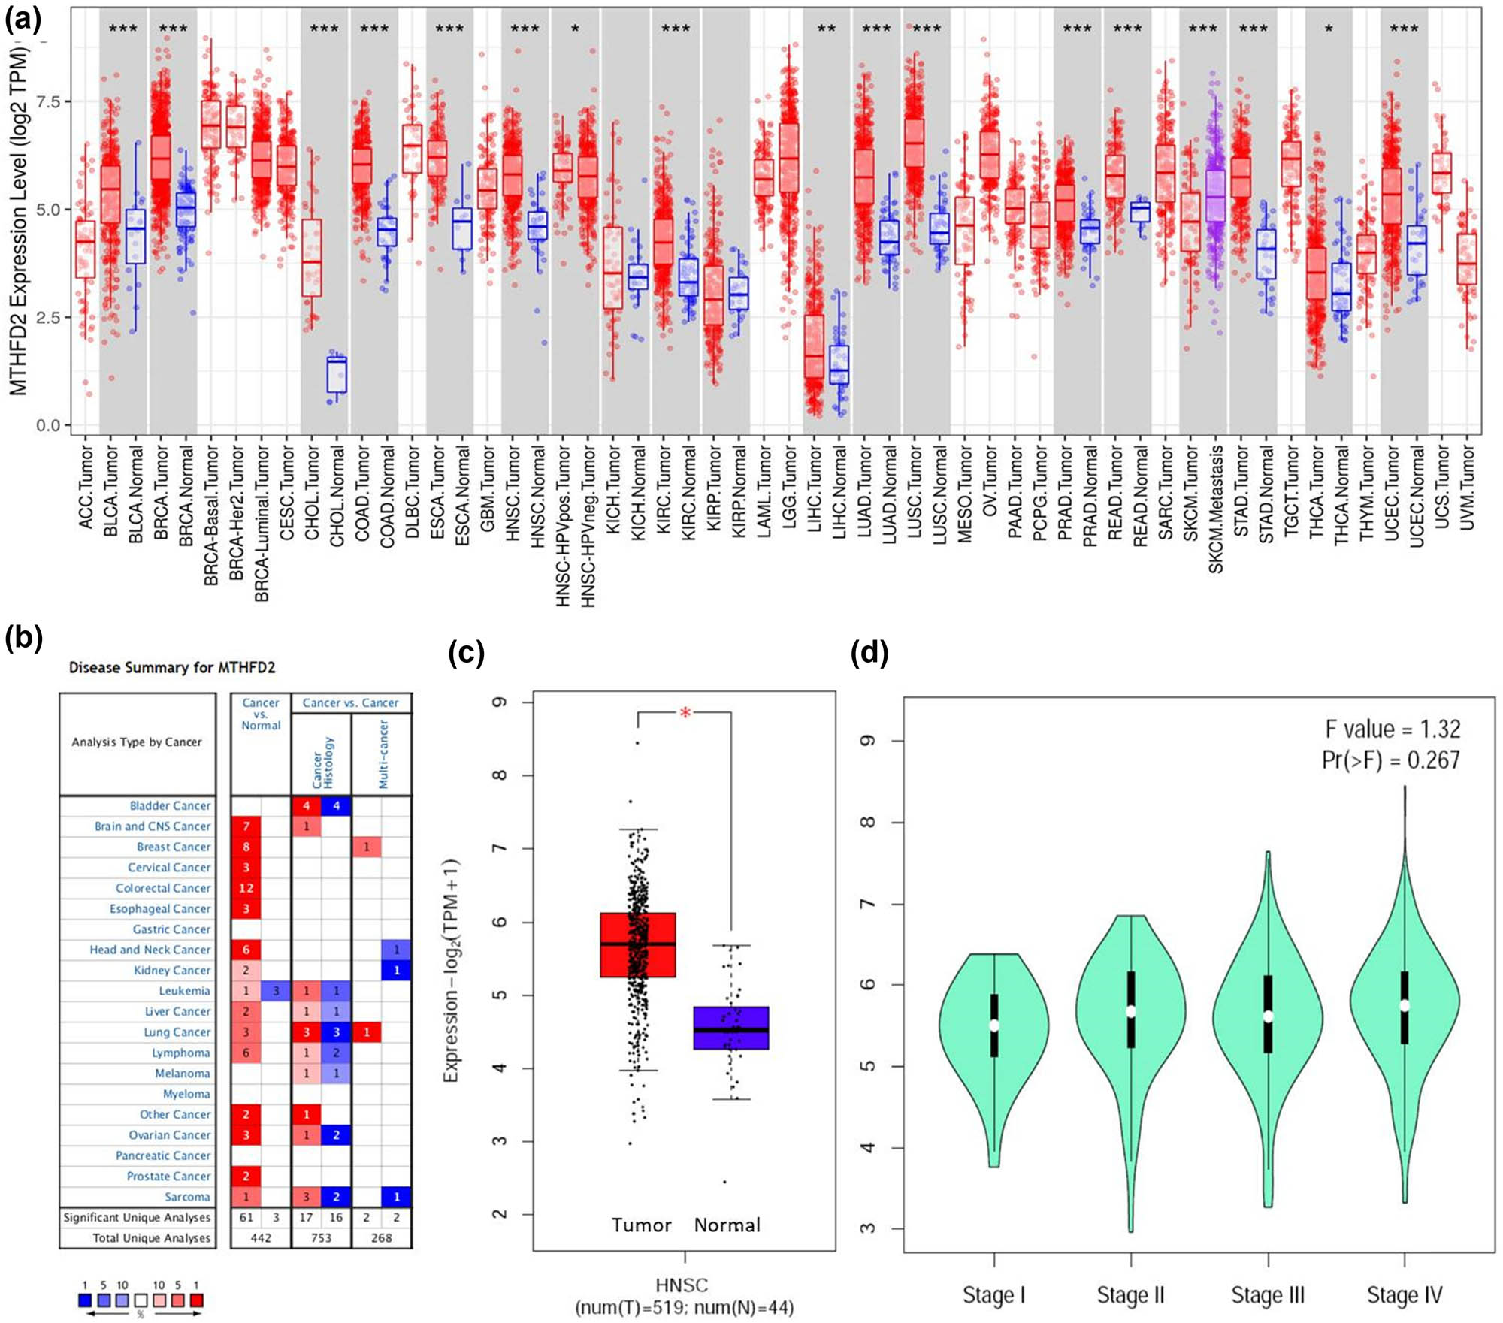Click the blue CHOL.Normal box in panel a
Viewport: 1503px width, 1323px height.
coord(337,374)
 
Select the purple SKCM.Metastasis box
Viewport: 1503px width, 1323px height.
coord(1215,195)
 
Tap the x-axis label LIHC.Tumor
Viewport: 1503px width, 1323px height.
coord(815,489)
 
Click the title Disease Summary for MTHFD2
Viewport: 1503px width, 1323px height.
coord(172,667)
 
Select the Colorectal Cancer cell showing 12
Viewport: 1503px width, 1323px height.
coord(246,888)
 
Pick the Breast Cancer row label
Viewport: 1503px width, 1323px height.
coord(174,847)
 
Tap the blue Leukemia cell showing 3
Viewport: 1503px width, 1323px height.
coord(276,991)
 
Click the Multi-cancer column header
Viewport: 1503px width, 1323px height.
coord(383,754)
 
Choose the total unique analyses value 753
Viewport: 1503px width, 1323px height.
coord(321,1237)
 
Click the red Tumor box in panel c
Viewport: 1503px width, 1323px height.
coord(638,944)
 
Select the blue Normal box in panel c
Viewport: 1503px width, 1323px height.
coord(730,1028)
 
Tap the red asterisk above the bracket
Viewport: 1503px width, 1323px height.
coord(685,713)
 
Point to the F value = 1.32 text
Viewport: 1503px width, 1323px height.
coord(1392,729)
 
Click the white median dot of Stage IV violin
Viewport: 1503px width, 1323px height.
coord(1404,1005)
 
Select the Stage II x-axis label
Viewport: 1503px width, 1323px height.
coord(1130,1295)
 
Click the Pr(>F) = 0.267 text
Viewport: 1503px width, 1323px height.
coord(1390,760)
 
